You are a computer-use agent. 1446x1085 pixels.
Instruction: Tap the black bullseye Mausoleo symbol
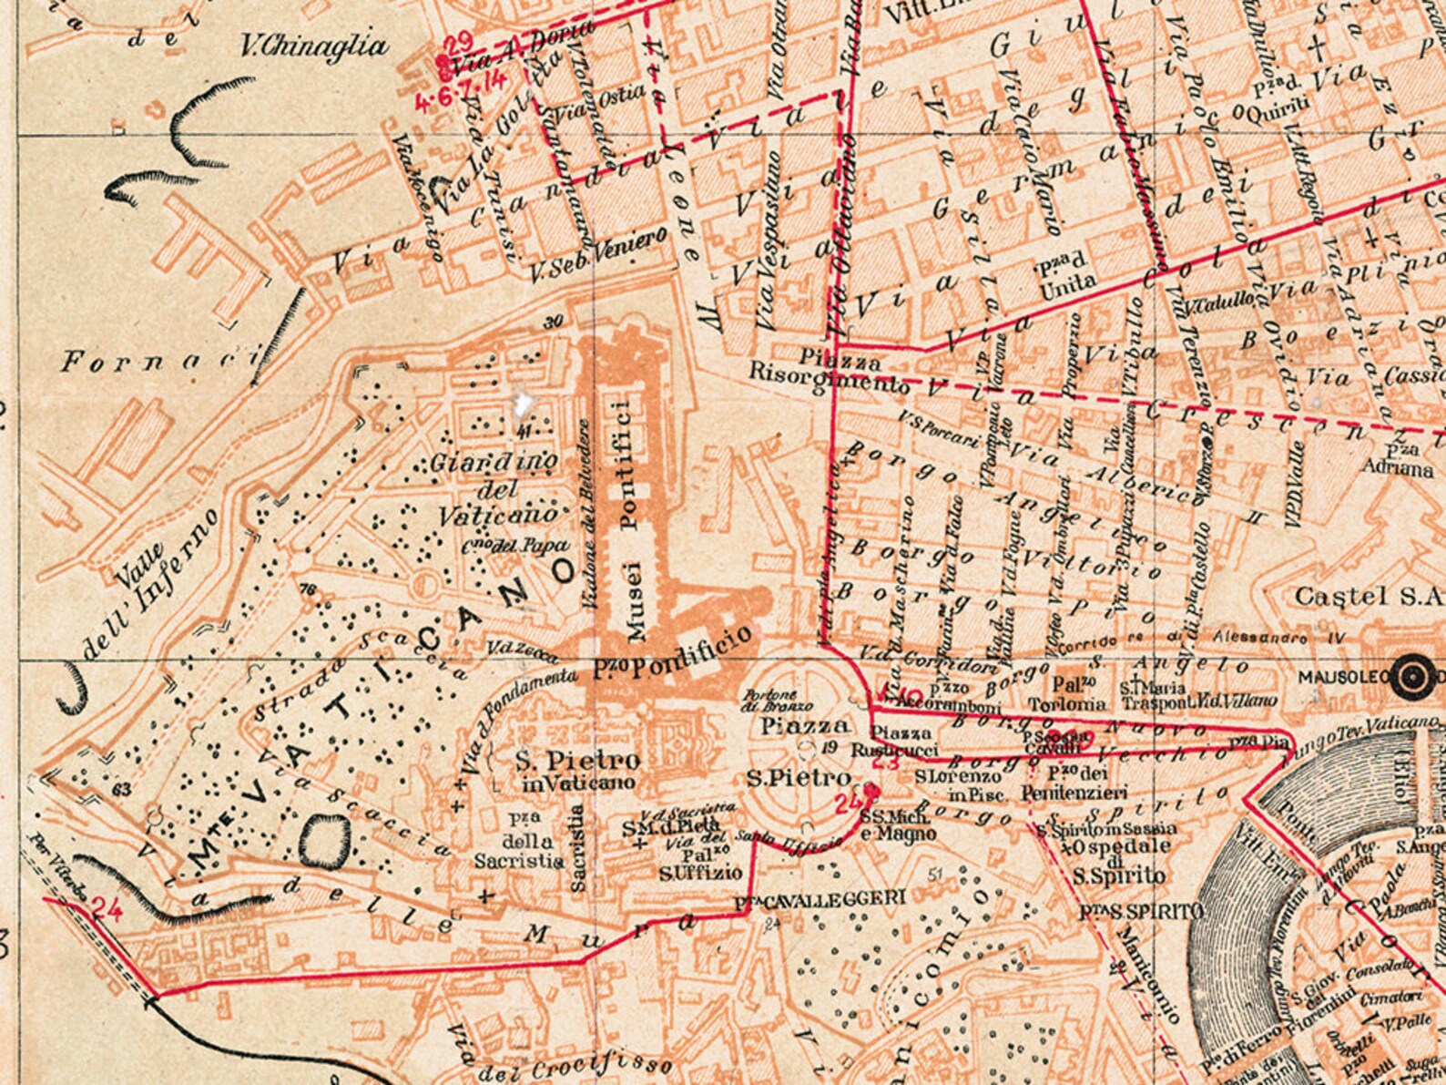pyautogui.click(x=1412, y=676)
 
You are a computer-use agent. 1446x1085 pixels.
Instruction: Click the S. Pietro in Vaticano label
pyautogui.click(x=577, y=771)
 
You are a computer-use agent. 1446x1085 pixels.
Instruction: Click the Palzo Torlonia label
pyautogui.click(x=1066, y=694)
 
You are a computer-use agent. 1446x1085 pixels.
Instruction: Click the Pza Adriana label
pyautogui.click(x=1397, y=461)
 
